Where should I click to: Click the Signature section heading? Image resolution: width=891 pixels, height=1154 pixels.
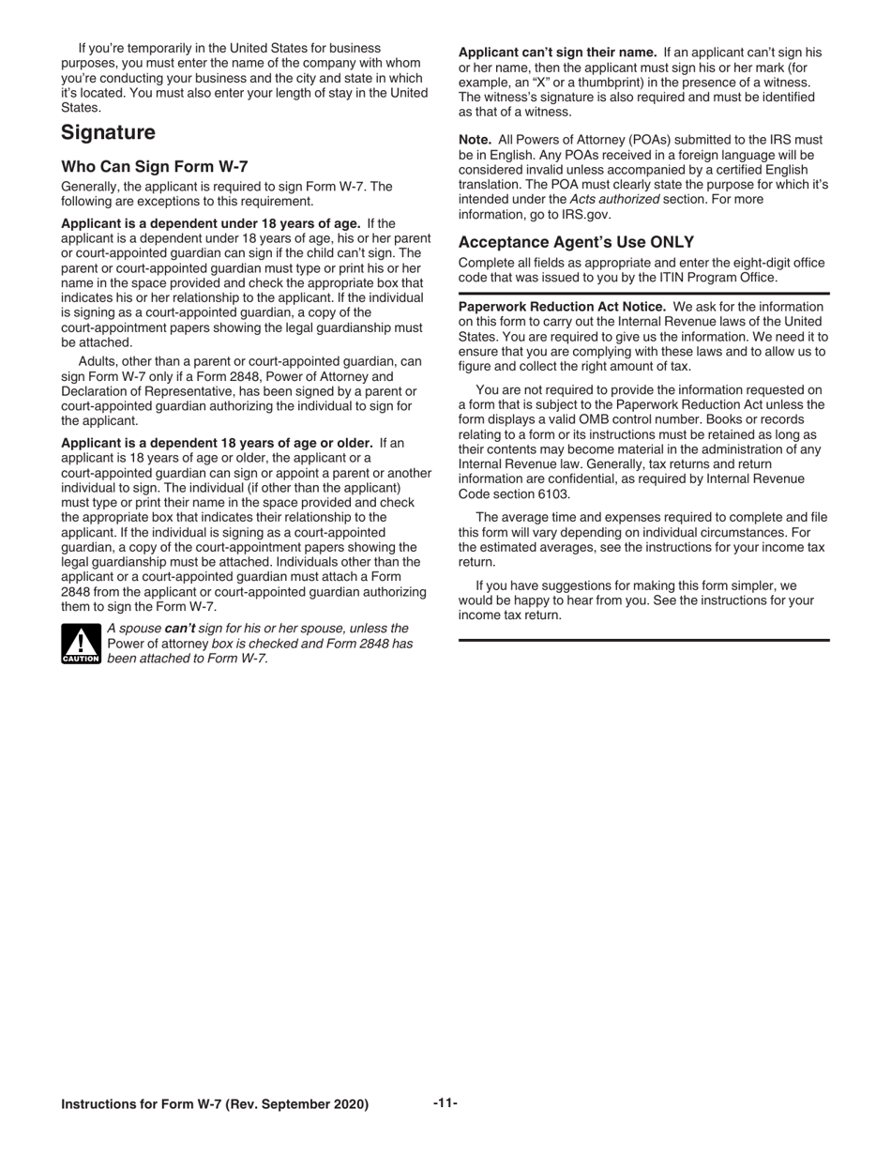tap(108, 133)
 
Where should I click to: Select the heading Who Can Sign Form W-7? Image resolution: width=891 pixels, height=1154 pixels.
tap(155, 167)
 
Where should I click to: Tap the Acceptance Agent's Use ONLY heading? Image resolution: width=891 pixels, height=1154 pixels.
tap(576, 242)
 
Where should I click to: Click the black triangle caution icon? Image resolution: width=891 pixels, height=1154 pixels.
tap(81, 644)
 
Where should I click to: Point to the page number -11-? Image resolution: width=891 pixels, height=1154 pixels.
tap(445, 1102)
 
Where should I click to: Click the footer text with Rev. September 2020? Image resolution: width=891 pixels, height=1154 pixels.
tap(215, 1104)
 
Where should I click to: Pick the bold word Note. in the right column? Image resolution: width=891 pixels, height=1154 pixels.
tap(475, 140)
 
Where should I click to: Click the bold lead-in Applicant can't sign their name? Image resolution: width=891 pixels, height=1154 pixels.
tap(557, 53)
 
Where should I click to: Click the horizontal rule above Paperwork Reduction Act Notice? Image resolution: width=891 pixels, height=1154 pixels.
tap(643, 294)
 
